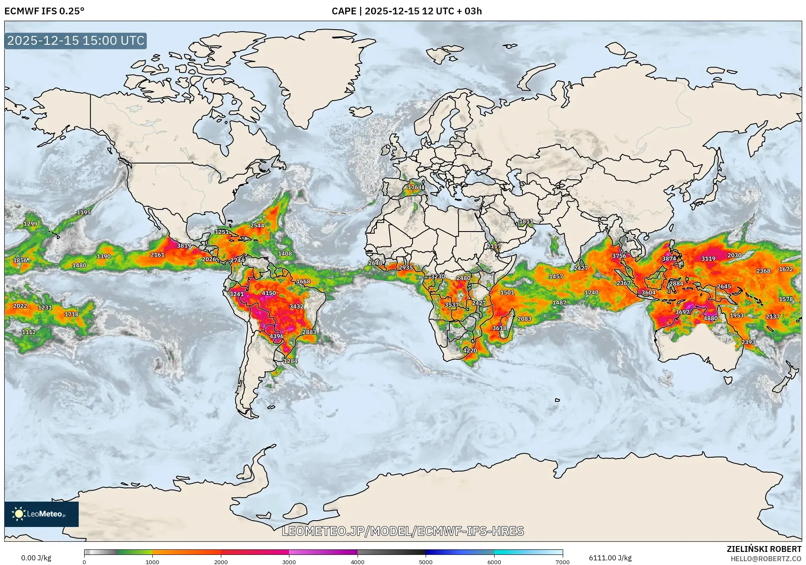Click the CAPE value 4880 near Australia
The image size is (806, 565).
(710, 318)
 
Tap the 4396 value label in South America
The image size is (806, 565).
(277, 336)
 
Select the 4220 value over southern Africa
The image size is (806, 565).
(470, 350)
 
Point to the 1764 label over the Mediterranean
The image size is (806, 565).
(415, 187)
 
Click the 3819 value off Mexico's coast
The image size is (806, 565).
(184, 246)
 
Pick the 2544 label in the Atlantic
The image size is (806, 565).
(257, 226)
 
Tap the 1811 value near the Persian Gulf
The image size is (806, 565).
(526, 221)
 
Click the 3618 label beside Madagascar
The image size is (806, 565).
(499, 328)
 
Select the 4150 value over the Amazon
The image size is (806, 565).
(269, 293)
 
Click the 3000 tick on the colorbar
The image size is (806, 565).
(289, 562)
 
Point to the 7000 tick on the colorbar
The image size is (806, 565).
(562, 562)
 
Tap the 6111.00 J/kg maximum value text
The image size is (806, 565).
(610, 558)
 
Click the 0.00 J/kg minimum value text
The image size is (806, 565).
(36, 558)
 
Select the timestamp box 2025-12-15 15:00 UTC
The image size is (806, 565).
(76, 41)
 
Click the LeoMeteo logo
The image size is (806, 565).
(41, 514)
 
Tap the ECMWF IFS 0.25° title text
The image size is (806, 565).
(44, 11)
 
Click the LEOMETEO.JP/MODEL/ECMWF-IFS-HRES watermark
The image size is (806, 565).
(403, 531)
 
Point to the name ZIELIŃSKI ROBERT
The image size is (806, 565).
(764, 549)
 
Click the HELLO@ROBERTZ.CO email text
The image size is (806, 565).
(766, 559)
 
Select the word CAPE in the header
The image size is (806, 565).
(344, 11)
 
